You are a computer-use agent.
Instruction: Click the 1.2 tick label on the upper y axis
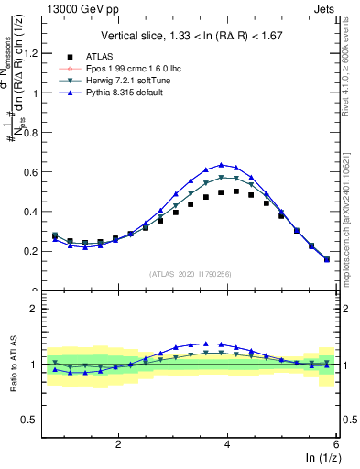(x=33, y=53)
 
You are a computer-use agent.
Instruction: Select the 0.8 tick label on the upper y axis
(x=33, y=132)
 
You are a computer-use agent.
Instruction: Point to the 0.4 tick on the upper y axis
(x=33, y=212)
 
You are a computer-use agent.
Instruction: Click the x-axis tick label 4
(x=227, y=443)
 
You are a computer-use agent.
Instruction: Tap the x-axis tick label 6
(x=336, y=443)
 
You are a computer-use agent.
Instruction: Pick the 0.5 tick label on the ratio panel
(x=33, y=420)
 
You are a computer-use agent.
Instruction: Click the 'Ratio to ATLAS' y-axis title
(x=13, y=364)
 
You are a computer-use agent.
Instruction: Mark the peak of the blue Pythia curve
(x=221, y=165)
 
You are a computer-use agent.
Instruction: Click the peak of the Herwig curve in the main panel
(x=221, y=177)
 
